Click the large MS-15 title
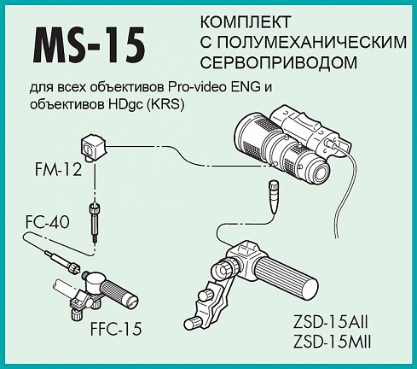click(90, 45)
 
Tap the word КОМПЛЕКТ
click(246, 22)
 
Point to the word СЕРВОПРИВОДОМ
click(279, 62)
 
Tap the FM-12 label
click(58, 170)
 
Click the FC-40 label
click(48, 222)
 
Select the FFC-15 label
click(116, 329)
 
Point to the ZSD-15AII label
click(331, 323)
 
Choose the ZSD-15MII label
click(332, 342)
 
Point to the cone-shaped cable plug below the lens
click(273, 196)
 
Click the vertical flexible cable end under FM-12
click(94, 222)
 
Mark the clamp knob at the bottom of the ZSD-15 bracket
click(191, 323)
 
